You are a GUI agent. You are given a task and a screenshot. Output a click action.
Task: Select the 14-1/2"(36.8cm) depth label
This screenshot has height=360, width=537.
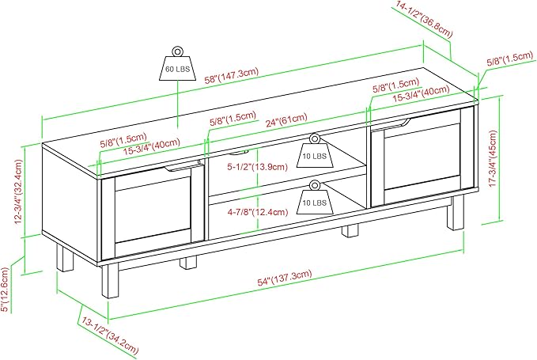click(425, 19)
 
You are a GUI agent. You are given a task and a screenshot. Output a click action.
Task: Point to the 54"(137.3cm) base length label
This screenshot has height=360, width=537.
click(285, 278)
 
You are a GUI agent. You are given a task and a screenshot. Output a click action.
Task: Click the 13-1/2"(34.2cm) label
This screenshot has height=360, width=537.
click(110, 335)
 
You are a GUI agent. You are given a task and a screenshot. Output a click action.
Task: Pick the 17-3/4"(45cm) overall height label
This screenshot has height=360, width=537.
click(493, 158)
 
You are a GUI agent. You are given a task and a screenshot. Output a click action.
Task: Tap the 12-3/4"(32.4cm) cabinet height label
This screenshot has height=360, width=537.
click(18, 191)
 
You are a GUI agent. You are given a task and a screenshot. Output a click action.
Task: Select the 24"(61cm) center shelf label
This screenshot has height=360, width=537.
click(286, 120)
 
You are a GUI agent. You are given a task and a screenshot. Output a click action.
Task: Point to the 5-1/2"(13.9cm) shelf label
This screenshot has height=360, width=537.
click(258, 167)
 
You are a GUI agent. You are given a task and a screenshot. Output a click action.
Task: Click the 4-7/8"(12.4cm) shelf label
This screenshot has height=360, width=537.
click(258, 212)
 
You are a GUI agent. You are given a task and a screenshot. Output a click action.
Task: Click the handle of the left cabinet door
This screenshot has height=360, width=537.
click(183, 167)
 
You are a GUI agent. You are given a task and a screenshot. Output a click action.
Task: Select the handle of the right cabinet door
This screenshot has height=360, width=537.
click(394, 123)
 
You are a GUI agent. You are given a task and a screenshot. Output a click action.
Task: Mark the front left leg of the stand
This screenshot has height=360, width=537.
click(110, 281)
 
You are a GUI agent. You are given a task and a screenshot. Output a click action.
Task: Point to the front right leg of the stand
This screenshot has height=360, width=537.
click(456, 212)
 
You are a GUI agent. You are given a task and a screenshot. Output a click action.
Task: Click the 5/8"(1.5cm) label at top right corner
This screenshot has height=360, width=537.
click(510, 59)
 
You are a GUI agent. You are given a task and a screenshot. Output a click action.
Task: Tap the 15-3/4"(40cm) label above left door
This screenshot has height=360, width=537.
click(152, 146)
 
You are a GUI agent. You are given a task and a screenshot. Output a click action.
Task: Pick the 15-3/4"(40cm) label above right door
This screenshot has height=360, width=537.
click(421, 93)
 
